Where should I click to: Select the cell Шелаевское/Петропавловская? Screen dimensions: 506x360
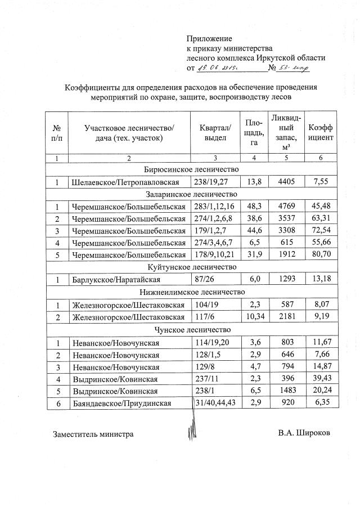point(125,182)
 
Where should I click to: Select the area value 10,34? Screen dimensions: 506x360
point(255,318)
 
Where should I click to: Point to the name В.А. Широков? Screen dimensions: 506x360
point(304,434)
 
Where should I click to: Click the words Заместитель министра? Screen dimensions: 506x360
point(93,435)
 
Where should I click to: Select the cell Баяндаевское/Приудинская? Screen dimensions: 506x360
point(124,404)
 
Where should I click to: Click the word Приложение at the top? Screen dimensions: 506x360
point(209,38)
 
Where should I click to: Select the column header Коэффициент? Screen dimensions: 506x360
point(320,132)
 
